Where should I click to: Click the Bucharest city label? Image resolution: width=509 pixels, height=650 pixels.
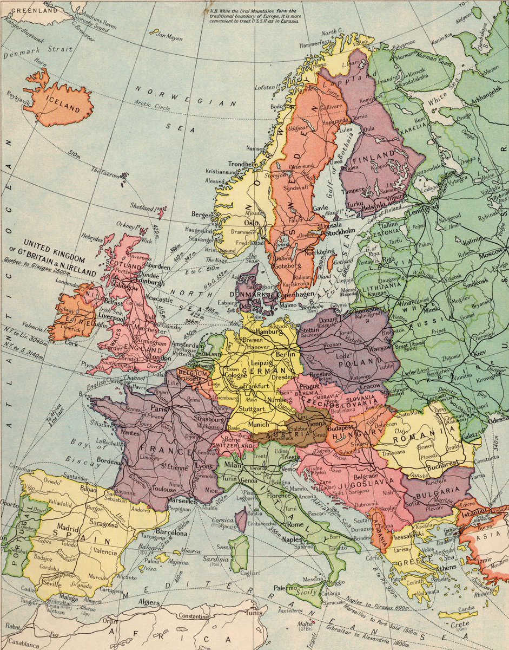[442, 464]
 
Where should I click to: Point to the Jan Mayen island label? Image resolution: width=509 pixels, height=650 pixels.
[169, 38]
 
